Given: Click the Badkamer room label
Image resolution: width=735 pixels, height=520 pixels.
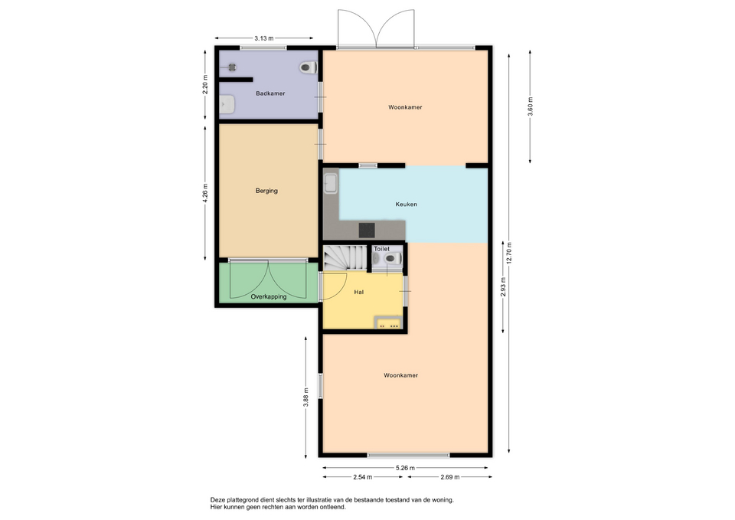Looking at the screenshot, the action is coord(270,93).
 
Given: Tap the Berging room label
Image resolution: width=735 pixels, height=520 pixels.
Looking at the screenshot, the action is coord(266,191).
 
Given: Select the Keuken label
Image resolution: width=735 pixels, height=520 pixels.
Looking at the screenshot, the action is coord(406,204).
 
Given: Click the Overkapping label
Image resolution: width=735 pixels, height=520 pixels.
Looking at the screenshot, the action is coord(269,297).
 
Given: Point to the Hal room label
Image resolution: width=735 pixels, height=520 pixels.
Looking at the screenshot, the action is coord(359,292).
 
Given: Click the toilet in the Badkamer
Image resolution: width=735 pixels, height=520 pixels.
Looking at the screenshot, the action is coord(308,67).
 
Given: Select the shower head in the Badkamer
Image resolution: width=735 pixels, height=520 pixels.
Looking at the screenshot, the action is coord(231,67).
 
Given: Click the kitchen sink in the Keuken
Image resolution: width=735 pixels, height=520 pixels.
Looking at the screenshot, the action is coord(331,183).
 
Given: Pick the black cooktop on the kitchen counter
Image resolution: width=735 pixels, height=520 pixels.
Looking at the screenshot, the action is coord(367,231).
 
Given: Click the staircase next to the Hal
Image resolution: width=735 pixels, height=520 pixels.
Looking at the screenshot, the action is coord(345,258).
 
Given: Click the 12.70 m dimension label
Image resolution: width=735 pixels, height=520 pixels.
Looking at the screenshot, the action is coord(510,253).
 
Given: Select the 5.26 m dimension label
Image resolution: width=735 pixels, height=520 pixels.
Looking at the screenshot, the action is coord(405,467).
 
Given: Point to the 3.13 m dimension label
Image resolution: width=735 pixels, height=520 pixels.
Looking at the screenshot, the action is coord(264,38).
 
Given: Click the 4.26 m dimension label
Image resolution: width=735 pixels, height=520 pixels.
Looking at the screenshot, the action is coord(205,193).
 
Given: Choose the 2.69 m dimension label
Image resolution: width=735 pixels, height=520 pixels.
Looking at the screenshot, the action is coord(450,477).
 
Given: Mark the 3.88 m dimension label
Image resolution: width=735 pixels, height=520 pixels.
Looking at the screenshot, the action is coord(305,397).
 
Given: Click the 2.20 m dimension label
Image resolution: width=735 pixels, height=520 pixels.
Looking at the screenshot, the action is coord(205,85).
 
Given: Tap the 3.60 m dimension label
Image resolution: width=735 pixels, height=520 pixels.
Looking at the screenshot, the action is coord(530,107).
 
